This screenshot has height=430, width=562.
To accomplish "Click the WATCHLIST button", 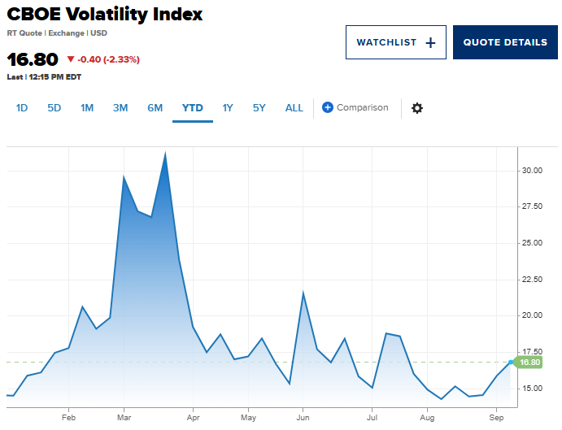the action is click(396, 42).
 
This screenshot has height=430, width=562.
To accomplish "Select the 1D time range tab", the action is click(22, 108).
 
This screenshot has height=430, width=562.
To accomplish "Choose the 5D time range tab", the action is click(54, 108).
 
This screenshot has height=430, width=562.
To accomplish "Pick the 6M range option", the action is click(155, 108).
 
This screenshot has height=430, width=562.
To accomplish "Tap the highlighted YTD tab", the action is click(193, 108).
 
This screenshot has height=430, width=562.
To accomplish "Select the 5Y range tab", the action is click(259, 108).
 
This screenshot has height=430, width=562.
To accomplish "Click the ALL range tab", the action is click(294, 108).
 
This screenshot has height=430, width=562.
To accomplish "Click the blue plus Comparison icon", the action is click(328, 107).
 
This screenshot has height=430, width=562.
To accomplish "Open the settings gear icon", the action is click(417, 108).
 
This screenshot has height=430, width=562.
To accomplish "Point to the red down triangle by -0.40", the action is click(71, 59).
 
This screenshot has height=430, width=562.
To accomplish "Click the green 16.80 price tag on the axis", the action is click(528, 363).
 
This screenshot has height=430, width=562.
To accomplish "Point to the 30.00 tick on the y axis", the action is click(532, 171).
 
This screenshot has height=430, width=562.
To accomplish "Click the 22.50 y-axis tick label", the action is click(532, 280).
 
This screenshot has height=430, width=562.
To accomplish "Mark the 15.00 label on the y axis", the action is click(532, 389).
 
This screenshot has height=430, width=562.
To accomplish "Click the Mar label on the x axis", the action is click(124, 418).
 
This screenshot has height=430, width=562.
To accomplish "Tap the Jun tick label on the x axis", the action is click(303, 418).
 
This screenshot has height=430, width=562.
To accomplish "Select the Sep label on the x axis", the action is click(496, 418).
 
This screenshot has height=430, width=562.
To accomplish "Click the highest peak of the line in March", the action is click(165, 152).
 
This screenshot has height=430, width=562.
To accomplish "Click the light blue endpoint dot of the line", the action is click(511, 363).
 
